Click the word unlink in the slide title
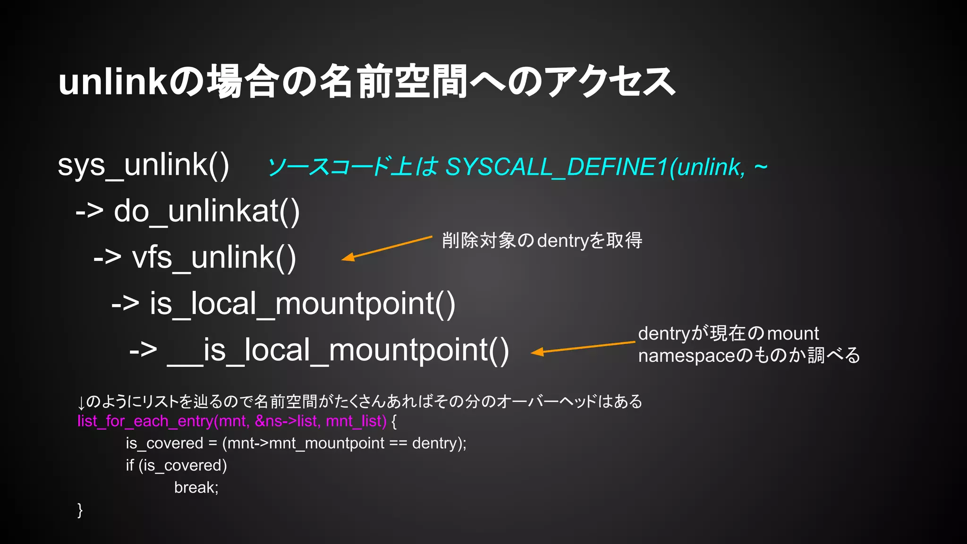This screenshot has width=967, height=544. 112,82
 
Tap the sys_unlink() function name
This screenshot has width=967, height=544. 143,165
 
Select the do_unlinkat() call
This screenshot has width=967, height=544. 206,211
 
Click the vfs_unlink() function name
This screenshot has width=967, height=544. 214,258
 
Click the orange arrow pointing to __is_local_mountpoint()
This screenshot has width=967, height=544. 583,347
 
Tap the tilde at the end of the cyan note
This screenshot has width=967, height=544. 760,167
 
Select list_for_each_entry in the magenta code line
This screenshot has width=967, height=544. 145,421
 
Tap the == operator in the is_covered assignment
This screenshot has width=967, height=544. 398,443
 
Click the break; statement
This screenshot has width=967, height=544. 196,488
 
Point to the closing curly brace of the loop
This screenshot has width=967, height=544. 80,510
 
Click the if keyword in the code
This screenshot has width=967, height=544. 129,466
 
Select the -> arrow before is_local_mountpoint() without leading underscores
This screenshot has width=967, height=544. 125,303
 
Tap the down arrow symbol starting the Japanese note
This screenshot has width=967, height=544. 81,403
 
